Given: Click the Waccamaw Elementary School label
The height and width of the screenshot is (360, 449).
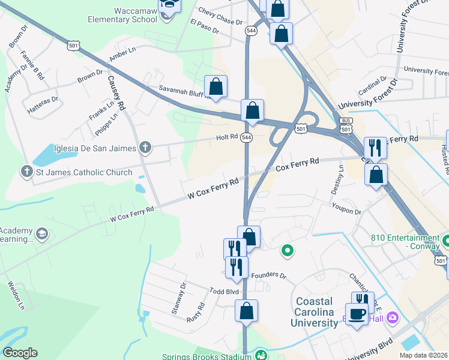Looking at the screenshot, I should pyautogui.click(x=124, y=14).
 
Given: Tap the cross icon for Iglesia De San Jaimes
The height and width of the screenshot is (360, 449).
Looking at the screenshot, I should pyautogui.click(x=145, y=148).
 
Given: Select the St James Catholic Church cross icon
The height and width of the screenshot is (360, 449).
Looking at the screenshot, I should pyautogui.click(x=26, y=172).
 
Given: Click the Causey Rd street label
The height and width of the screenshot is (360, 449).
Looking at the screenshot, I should pyautogui.click(x=115, y=92).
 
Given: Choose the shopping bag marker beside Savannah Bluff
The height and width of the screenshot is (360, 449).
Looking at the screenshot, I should pyautogui.click(x=215, y=86).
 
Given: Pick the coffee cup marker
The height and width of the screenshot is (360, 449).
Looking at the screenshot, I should pyautogui.click(x=357, y=314).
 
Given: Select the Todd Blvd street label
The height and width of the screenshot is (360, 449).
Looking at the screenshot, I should pyautogui.click(x=224, y=291).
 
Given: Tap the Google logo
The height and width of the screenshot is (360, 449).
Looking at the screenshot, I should pyautogui.click(x=20, y=353).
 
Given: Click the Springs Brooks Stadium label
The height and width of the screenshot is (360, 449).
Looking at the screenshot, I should pyautogui.click(x=206, y=356).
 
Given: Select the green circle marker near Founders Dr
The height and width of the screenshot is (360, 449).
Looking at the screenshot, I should pyautogui.click(x=288, y=251).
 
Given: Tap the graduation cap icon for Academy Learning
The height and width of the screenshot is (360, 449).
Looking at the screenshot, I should pyautogui.click(x=42, y=234).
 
